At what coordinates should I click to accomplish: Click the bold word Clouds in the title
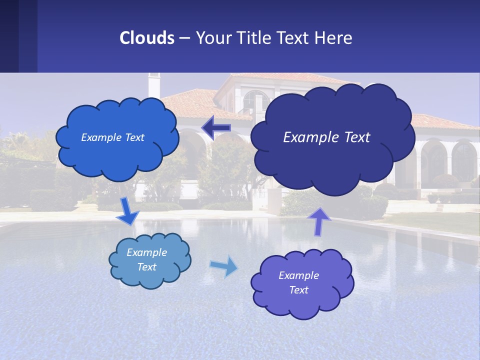coord(146,38)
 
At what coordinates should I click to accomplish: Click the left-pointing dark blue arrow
coord(216,128)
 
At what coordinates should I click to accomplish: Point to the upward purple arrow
coord(318,220)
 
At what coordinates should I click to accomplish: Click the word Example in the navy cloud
coord(305,137)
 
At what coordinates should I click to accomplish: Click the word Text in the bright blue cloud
coord(134,137)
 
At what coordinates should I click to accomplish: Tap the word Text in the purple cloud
coord(298,290)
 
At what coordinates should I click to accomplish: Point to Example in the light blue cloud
coord(146,252)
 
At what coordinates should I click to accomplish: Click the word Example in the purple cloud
coord(298,275)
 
